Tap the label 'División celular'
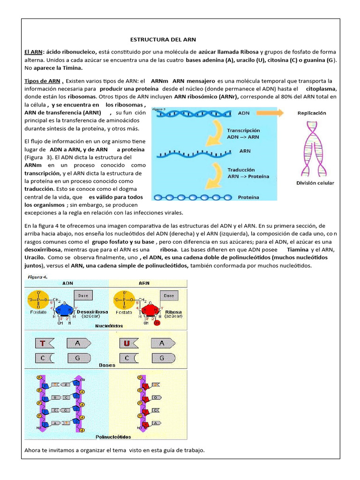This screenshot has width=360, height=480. [x=315, y=183]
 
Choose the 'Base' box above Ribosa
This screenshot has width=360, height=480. [x=168, y=295]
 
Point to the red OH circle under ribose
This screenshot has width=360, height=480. [x=157, y=323]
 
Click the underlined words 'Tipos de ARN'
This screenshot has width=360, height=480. [x=43, y=81]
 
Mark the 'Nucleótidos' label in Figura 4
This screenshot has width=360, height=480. [x=109, y=325]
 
